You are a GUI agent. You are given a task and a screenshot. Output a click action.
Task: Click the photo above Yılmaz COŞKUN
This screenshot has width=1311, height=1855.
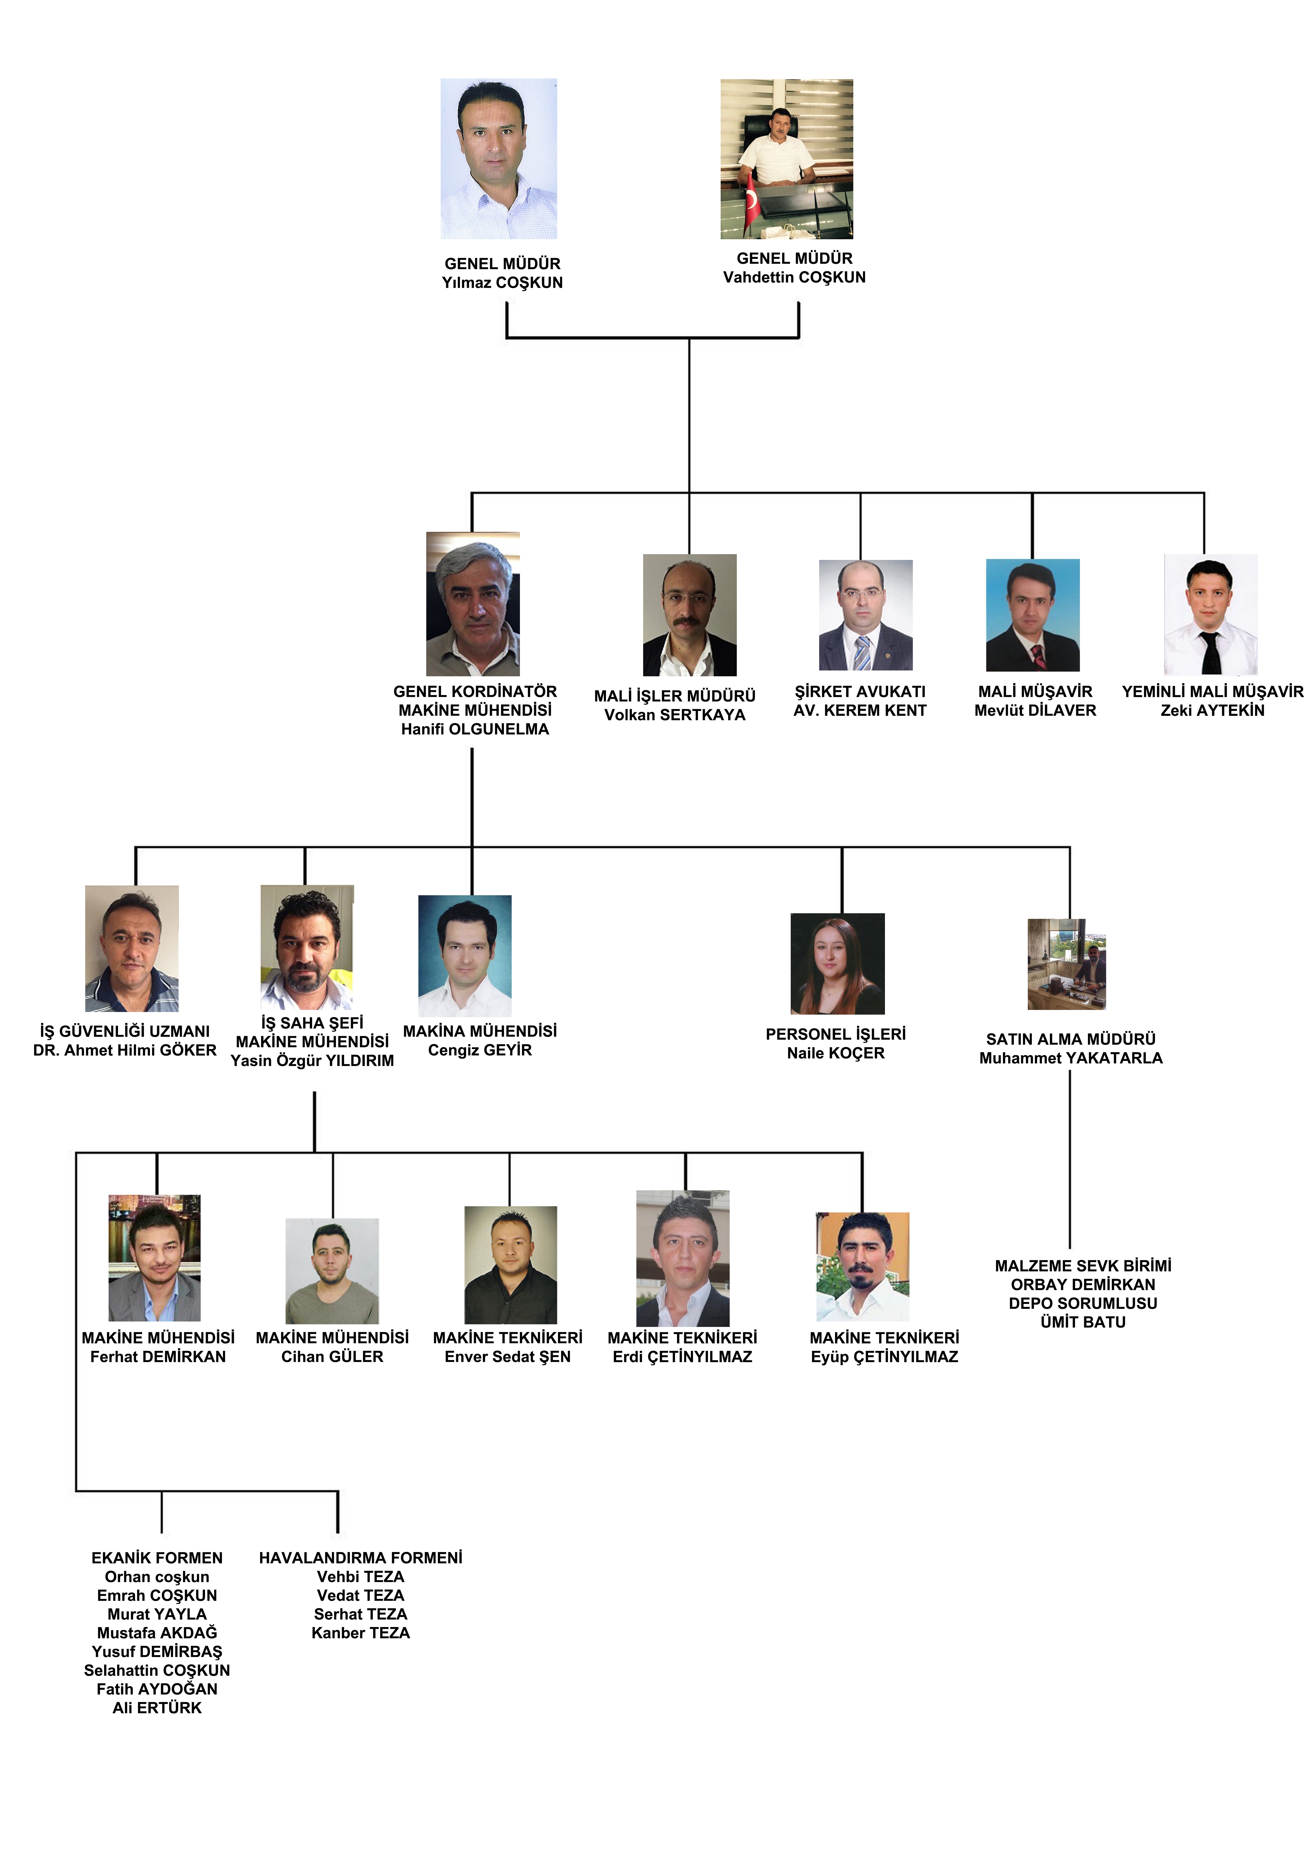tap(498, 158)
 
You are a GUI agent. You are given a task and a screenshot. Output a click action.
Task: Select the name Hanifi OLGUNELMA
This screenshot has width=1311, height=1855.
tap(475, 729)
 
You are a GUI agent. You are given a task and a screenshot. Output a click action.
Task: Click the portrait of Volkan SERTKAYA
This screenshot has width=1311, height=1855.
tap(690, 615)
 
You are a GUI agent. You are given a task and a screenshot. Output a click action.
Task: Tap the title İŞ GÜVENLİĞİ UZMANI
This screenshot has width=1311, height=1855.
tap(125, 1031)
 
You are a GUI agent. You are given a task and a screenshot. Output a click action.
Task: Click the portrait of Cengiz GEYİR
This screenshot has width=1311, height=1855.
tap(464, 956)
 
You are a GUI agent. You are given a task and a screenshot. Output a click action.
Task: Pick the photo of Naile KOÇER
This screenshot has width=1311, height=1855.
tap(838, 964)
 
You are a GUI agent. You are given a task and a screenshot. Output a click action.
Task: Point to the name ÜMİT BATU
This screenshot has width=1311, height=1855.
tap(1083, 1322)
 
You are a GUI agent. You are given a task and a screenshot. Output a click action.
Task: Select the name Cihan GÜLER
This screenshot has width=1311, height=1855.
tap(332, 1357)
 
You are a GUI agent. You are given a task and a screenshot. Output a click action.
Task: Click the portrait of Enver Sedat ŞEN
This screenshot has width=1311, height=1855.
tap(511, 1264)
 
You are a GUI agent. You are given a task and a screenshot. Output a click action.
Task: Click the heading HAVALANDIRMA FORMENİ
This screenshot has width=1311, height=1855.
tap(360, 1558)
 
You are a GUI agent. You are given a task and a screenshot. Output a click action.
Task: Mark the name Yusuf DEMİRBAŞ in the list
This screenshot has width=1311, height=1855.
tap(157, 1651)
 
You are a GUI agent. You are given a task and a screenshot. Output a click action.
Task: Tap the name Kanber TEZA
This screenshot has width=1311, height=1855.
tap(360, 1633)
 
